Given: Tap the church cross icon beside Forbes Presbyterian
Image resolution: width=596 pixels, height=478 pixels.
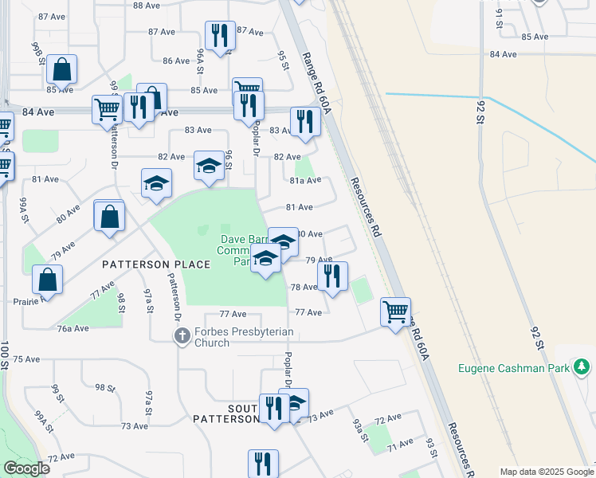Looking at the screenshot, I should click(x=182, y=337).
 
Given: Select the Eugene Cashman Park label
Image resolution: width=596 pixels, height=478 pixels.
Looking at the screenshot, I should click(x=514, y=368).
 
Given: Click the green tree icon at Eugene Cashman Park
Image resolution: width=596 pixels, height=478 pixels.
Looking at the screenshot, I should click(x=582, y=366).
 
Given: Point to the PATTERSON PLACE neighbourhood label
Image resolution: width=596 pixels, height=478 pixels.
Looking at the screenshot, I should click(x=156, y=264).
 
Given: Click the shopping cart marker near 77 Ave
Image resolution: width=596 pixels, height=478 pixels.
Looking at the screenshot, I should click(x=395, y=311).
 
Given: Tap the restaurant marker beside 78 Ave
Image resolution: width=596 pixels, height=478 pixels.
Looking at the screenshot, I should click(x=332, y=276).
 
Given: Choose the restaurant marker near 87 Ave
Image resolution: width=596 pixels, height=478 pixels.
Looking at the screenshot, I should click(x=219, y=35).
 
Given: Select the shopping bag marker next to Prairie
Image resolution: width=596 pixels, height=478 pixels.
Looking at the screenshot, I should click(x=48, y=280).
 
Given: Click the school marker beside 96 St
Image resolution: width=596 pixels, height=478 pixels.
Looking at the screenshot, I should click(x=209, y=167).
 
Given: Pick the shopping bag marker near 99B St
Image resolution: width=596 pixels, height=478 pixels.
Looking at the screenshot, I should click(x=61, y=69).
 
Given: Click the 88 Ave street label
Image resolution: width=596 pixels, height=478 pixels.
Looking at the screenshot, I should click(x=147, y=6).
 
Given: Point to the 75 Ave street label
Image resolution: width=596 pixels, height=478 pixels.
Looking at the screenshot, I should click(x=26, y=359).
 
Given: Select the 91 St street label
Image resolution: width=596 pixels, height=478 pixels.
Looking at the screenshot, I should click(x=500, y=18).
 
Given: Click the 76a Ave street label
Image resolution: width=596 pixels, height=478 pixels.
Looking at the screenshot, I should click(x=73, y=328).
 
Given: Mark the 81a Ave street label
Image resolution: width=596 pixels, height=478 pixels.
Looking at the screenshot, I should click(x=304, y=181).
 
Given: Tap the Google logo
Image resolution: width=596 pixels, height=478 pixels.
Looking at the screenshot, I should click(x=26, y=468).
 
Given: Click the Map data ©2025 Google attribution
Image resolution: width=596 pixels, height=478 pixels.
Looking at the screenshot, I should click(x=547, y=472).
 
